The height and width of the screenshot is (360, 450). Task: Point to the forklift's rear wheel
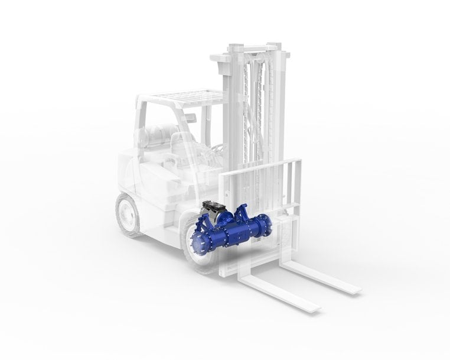[x=128, y=214]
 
